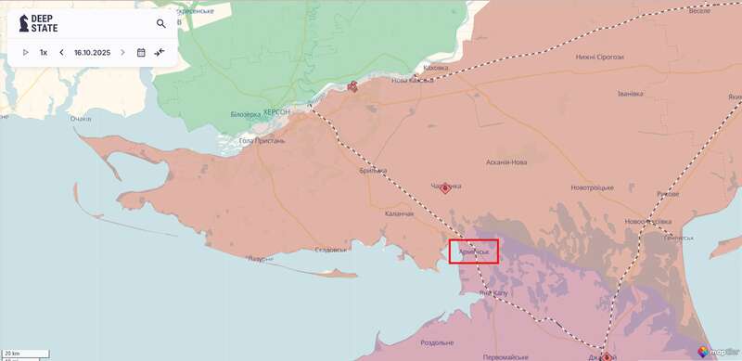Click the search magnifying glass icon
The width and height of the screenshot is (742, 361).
(161, 24)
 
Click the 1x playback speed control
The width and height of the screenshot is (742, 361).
(44, 53)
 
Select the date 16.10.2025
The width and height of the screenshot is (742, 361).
(92, 53)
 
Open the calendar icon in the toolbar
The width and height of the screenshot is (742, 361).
(141, 53)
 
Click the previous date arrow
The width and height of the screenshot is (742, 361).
(61, 53)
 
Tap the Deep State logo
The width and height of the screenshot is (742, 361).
(38, 23)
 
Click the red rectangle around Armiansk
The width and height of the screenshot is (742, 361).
(474, 251)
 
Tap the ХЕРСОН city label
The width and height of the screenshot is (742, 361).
(276, 111)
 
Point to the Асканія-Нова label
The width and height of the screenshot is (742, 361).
(507, 162)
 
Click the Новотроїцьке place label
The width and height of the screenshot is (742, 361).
(592, 187)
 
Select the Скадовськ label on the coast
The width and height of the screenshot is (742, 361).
(331, 250)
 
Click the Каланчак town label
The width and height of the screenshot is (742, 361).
(400, 213)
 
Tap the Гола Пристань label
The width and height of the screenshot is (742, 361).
(262, 141)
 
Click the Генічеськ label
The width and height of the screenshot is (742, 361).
(676, 238)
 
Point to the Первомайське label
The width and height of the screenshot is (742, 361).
(506, 356)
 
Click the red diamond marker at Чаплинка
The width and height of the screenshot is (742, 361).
(445, 188)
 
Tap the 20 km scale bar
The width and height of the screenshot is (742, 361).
(13, 353)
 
